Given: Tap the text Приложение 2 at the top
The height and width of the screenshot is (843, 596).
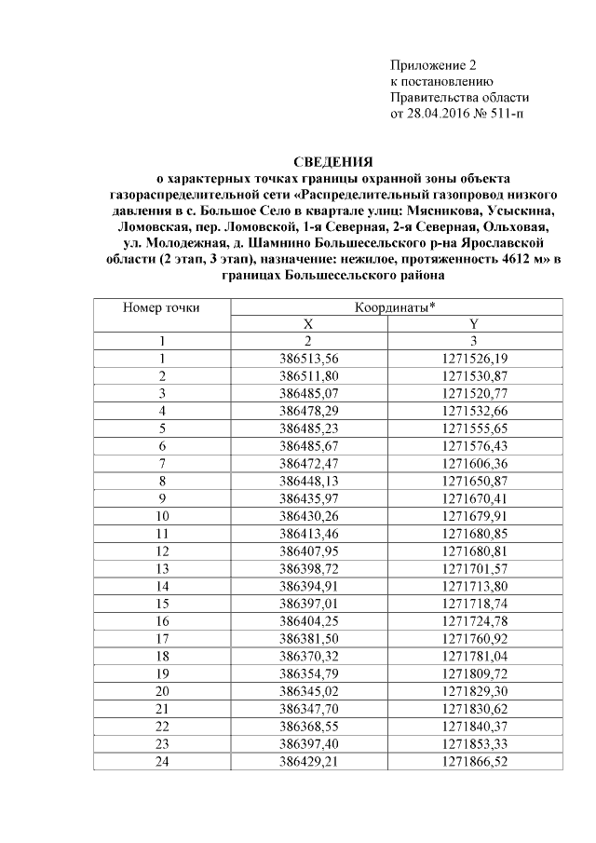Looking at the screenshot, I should tap(432, 65).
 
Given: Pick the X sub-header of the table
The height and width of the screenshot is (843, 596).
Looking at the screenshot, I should tap(308, 323).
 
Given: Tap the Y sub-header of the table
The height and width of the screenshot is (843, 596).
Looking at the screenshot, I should tap(474, 323).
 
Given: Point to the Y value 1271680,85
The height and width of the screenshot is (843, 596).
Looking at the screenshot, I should tap(474, 533).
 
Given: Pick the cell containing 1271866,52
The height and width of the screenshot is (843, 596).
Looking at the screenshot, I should tap(474, 760).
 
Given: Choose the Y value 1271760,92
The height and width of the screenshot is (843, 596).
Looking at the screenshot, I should tap(474, 638).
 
